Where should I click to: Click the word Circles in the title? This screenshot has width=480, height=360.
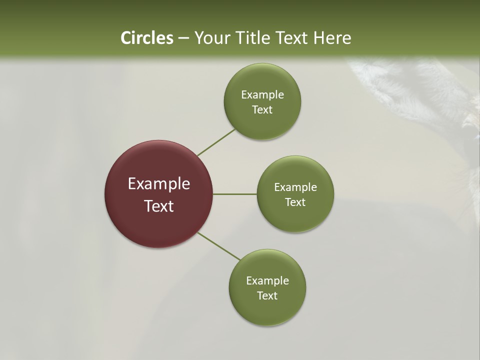147,38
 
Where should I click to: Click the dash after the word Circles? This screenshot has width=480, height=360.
183,38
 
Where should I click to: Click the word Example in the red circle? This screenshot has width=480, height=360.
159,184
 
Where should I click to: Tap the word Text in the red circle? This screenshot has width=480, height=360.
159,206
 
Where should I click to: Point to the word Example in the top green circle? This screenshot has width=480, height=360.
262,95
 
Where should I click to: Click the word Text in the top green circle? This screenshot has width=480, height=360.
262,110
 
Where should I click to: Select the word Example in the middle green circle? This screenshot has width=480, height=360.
295,187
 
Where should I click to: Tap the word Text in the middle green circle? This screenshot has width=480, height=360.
295,202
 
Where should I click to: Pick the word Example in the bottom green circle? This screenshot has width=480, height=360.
267,281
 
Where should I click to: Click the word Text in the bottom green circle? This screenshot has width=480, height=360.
267,296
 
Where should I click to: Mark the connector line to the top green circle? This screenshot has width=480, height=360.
216,142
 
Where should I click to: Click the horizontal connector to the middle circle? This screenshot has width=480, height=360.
235,194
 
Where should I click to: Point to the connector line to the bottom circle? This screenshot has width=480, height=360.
219,246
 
